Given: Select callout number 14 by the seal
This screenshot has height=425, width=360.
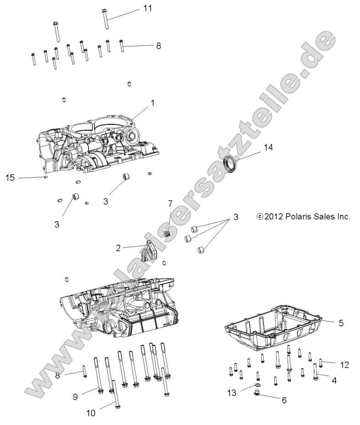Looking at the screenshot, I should point(268,147).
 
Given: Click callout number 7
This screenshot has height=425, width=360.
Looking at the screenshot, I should point(170,215).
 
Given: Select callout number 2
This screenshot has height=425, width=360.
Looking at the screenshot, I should point(118,248).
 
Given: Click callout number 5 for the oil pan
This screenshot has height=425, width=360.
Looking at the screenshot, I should point(341,323).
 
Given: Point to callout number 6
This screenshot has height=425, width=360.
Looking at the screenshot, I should point(284,400).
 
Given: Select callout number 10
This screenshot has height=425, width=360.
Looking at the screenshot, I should point(91,413).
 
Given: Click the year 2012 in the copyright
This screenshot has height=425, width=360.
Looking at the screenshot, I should point(274,216).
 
